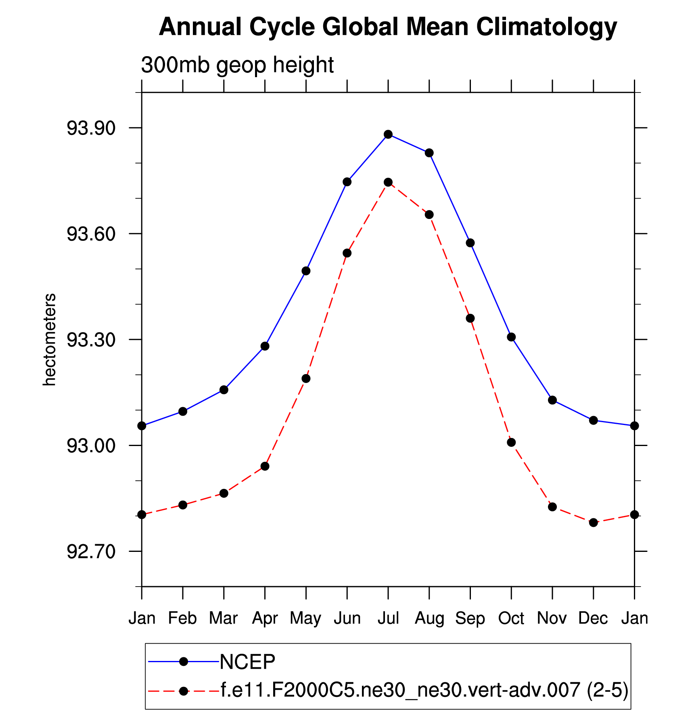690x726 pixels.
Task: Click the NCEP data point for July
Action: pos(388,135)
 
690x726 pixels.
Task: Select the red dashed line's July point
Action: pos(388,182)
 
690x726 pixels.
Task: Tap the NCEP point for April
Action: pos(265,346)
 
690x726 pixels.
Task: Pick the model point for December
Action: pos(593,522)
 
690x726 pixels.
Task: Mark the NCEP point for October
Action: pos(511,337)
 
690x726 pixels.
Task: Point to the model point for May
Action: pos(306,379)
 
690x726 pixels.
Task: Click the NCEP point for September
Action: pos(470,243)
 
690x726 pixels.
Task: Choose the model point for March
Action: pos(224,493)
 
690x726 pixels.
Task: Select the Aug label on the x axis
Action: pos(429,619)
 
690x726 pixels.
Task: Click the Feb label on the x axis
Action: pos(182,619)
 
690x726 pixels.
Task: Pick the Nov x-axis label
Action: pos(552,619)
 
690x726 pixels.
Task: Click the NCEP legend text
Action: pos(247,661)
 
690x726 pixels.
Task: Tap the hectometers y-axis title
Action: pos(50,340)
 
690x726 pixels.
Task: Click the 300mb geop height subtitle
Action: pos(237,65)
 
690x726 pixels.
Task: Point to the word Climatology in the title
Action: pos(546,27)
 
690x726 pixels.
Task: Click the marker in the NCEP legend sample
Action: pos(184,661)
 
